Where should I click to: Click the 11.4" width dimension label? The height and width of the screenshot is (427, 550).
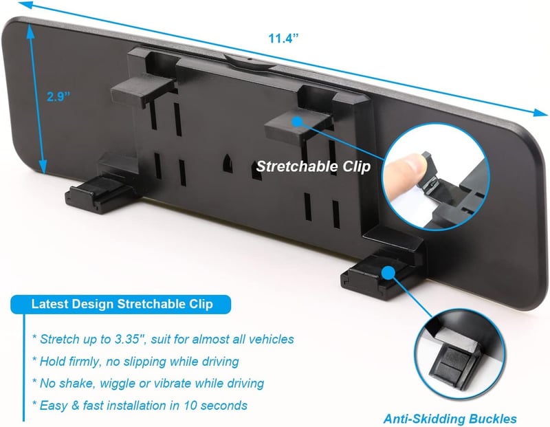coord(283,38)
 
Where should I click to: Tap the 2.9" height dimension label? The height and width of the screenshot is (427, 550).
coord(58,96)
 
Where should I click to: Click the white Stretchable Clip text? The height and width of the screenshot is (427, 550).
coord(313,166)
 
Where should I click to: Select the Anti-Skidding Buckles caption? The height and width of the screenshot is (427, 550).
coord(450,419)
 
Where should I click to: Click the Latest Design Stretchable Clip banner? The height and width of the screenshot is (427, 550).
coord(121,304)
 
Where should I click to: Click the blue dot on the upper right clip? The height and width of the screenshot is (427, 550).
coord(298,122)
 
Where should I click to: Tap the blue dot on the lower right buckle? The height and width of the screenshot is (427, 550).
coord(388,272)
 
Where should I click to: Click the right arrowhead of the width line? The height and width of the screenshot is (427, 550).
coord(540,112)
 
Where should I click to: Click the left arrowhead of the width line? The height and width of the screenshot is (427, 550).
coord(26,5)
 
